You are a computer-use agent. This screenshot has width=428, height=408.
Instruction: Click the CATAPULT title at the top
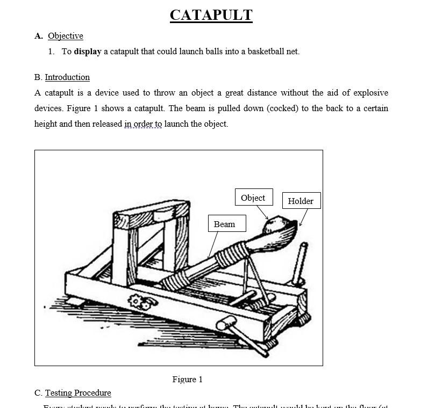click(x=211, y=15)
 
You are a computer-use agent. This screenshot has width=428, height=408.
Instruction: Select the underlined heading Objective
click(x=65, y=36)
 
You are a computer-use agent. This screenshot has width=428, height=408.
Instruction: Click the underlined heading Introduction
click(x=67, y=77)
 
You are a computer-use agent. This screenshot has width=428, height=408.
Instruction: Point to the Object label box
click(x=253, y=198)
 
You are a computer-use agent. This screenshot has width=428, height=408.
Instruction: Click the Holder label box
click(x=301, y=201)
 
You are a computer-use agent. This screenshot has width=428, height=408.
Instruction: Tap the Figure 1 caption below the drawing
click(x=187, y=380)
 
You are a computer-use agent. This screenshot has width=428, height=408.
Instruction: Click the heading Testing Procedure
click(x=78, y=393)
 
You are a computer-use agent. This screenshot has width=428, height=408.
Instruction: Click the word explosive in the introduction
click(x=370, y=93)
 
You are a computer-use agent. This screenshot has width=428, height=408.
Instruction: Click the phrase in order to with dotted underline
click(x=143, y=124)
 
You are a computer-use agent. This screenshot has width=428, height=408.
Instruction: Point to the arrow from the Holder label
click(x=303, y=217)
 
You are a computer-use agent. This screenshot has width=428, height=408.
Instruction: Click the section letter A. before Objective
click(x=39, y=36)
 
